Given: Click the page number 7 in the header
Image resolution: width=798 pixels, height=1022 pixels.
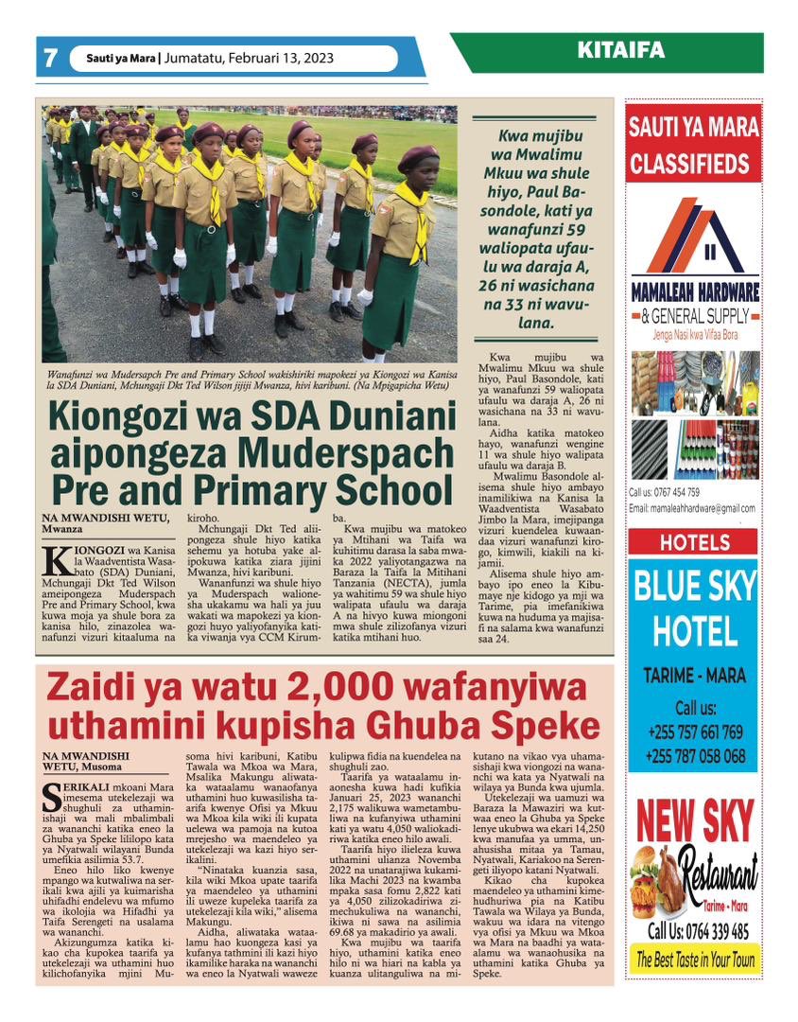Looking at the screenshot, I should (x=50, y=58).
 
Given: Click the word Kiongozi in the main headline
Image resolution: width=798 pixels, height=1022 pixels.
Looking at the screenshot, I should (x=138, y=416).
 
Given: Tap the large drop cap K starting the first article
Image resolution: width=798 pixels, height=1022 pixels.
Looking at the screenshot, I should (x=56, y=560).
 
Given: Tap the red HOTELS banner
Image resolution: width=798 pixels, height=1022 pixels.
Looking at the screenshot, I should (x=693, y=543).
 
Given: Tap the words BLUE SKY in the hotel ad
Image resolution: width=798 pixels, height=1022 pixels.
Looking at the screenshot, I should (x=694, y=587).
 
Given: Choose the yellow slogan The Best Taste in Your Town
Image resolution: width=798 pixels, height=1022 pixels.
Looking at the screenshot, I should (x=694, y=960).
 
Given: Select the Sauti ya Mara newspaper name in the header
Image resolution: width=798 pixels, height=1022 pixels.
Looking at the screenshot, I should (x=121, y=58).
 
